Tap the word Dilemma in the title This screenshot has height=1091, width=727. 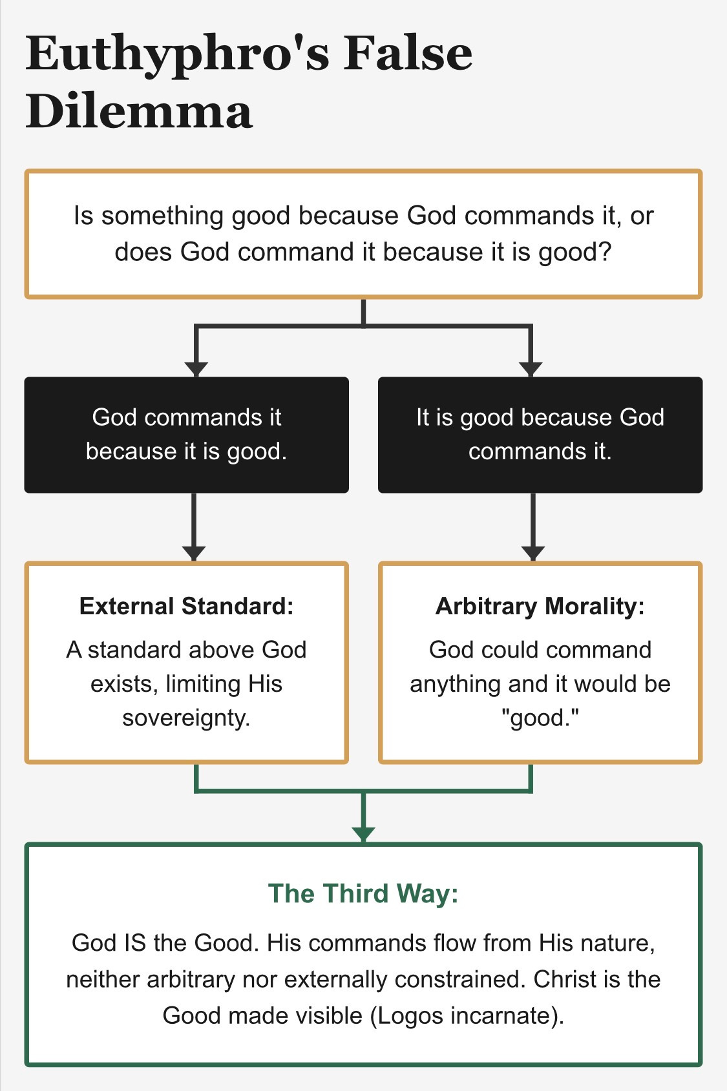[139, 111]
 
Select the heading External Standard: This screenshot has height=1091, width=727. [186, 606]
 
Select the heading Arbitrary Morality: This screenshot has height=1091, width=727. [540, 606]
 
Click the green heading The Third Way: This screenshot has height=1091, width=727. [363, 893]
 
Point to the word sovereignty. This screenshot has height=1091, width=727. [186, 718]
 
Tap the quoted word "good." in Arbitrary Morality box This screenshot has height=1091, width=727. [540, 718]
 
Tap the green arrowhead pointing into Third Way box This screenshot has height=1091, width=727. [363, 834]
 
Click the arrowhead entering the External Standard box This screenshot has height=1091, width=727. [194, 554]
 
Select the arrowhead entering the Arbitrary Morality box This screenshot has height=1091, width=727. [532, 554]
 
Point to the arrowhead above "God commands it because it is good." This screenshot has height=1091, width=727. [196, 369]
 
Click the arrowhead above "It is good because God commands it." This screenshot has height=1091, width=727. [531, 369]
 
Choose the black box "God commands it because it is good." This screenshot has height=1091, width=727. [186, 434]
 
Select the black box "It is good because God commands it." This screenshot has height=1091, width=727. [540, 434]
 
